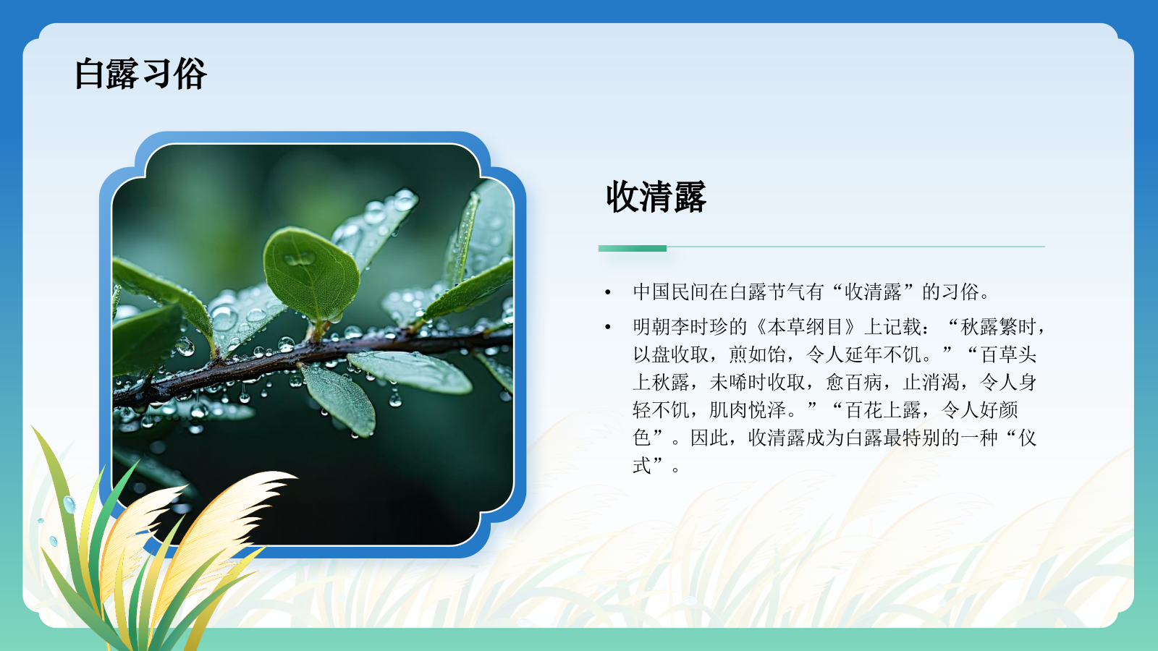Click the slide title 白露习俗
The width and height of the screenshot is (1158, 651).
coord(140,74)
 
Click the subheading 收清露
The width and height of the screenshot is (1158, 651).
coord(656,197)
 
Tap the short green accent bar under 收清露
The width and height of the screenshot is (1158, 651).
coord(632,248)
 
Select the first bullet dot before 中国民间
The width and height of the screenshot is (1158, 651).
coord(608,293)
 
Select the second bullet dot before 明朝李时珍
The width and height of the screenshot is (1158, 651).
coord(608,328)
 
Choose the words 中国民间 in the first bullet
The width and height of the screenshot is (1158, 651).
coord(671,292)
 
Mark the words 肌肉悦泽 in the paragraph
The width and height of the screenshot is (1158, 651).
coord(748,410)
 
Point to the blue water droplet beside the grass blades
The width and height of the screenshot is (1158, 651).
coord(69,504)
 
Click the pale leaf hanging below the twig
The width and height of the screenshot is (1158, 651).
coord(341,398)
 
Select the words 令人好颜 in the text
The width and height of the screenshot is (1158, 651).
coord(980,410)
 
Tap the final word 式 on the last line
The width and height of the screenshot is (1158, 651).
coord(642,466)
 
